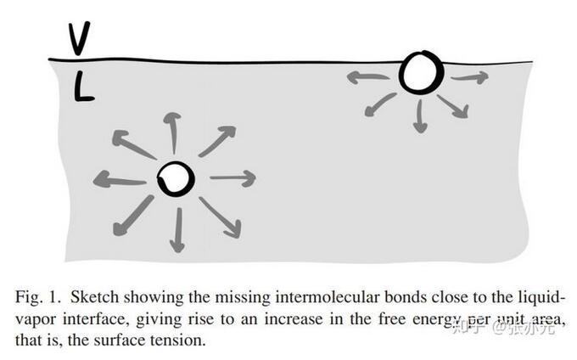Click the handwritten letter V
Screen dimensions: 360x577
click(79, 37)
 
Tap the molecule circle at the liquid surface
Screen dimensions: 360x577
click(421, 73)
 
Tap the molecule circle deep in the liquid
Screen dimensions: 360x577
click(176, 177)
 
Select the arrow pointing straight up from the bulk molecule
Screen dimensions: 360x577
click(172, 132)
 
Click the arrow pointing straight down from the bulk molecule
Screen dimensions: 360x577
click(177, 229)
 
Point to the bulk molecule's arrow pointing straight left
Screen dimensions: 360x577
click(119, 179)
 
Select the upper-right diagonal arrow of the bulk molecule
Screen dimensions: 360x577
click(217, 141)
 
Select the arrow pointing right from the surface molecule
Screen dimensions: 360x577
click(469, 78)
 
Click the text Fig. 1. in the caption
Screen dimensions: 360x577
click(37, 298)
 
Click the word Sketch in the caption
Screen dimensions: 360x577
click(96, 298)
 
